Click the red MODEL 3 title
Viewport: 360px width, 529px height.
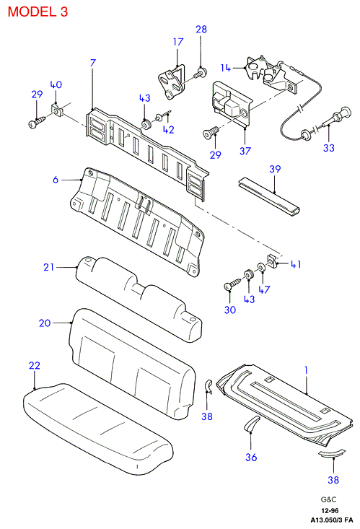click(x=38, y=12)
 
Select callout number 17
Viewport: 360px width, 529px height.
click(x=178, y=42)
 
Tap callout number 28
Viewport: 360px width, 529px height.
click(x=201, y=30)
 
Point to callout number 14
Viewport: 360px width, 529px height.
click(x=226, y=68)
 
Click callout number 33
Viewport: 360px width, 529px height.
click(x=329, y=148)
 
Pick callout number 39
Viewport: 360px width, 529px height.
click(x=275, y=169)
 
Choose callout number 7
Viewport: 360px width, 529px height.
click(x=93, y=63)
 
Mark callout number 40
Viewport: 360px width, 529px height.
click(x=56, y=84)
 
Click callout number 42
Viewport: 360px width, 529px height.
click(x=169, y=130)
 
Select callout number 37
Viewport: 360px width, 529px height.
click(x=245, y=151)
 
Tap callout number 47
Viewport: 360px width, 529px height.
click(x=264, y=289)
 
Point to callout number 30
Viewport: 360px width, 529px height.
click(x=230, y=310)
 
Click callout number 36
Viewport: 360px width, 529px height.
click(x=251, y=457)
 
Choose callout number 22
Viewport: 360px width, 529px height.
click(x=35, y=365)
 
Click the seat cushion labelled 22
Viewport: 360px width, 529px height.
click(x=98, y=428)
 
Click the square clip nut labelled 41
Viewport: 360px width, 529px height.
click(x=272, y=260)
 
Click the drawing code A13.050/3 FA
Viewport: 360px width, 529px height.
click(x=332, y=520)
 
